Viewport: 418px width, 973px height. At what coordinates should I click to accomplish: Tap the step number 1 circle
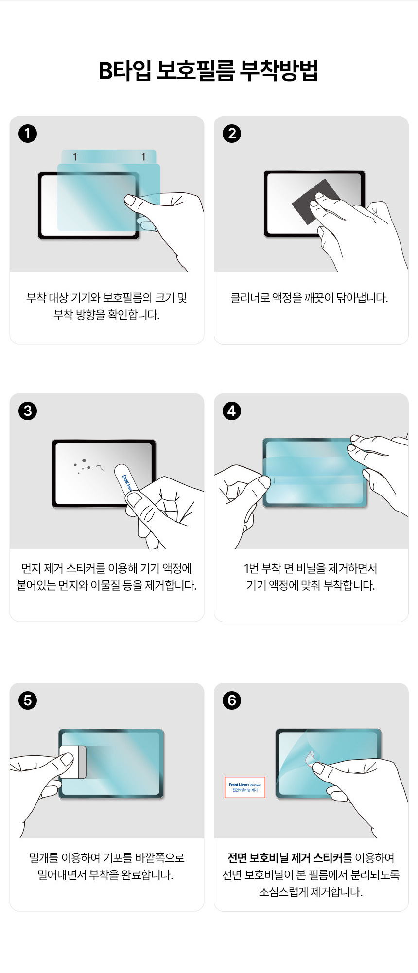tap(28, 134)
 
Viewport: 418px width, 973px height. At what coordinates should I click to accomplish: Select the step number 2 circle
tap(232, 134)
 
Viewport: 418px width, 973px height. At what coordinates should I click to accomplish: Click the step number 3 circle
tap(28, 411)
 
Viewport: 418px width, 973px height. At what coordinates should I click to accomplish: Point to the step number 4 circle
tap(232, 411)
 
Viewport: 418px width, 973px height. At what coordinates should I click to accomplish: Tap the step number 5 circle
tap(28, 700)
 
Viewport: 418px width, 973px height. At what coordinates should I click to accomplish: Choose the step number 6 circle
tap(232, 700)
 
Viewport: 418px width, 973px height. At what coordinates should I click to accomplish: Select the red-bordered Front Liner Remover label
tap(245, 787)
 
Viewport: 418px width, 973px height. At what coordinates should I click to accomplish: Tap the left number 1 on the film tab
tap(74, 156)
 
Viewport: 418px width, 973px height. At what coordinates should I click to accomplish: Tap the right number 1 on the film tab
tap(143, 156)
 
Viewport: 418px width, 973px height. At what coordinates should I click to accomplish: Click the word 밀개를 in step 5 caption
tap(44, 858)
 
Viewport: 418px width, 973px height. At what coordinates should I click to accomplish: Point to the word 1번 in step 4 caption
tap(251, 568)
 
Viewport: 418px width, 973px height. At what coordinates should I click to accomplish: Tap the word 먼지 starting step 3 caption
tap(31, 568)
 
